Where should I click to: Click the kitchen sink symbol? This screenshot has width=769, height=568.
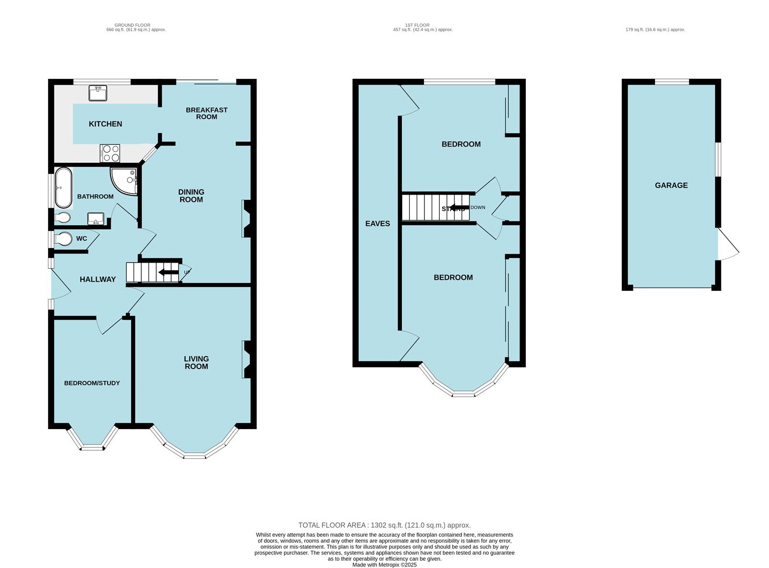click(x=98, y=93)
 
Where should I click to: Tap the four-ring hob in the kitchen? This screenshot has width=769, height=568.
click(x=110, y=153)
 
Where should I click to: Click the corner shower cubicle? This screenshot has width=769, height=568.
click(x=125, y=181)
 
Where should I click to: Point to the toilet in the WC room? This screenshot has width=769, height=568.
click(x=62, y=239)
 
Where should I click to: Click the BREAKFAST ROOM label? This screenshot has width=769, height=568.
click(x=207, y=113)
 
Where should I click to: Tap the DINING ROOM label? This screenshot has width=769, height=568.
click(x=191, y=196)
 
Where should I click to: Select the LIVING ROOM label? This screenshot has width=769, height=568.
click(x=197, y=362)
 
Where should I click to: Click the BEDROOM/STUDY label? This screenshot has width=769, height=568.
click(x=92, y=383)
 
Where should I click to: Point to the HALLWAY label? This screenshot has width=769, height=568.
click(x=98, y=279)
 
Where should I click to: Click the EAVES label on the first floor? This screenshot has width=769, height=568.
click(x=378, y=223)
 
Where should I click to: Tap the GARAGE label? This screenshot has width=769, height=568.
click(x=671, y=185)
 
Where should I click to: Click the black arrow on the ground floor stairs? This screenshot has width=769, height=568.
click(x=168, y=273)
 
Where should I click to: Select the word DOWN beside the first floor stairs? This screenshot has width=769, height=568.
click(x=478, y=208)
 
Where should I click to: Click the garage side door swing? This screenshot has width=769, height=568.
click(x=728, y=247)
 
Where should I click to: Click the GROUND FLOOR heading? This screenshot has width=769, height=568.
click(x=132, y=25)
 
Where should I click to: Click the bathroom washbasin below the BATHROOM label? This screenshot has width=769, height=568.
click(x=95, y=219)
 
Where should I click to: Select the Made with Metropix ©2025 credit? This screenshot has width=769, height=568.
click(x=384, y=565)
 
